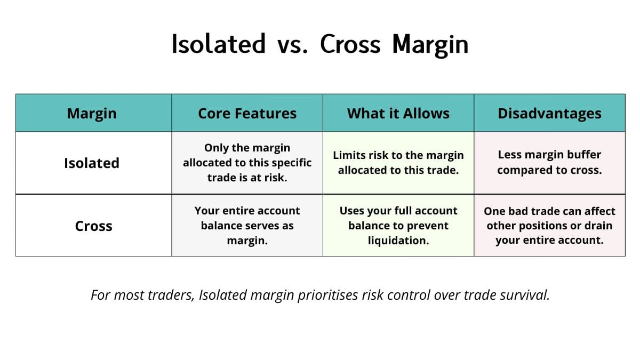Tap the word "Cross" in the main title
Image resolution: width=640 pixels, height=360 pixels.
click(350, 44)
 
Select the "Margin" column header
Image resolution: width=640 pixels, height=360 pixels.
click(92, 113)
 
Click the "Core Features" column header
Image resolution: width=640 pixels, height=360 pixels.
click(247, 113)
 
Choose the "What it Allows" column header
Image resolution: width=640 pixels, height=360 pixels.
click(398, 113)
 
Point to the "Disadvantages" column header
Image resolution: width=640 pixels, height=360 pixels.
click(549, 113)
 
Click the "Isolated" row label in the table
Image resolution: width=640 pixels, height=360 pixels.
click(92, 163)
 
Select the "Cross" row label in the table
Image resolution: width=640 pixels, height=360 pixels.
click(93, 226)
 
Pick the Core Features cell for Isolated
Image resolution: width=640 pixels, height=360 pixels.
click(247, 163)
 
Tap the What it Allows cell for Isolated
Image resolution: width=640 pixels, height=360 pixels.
click(398, 163)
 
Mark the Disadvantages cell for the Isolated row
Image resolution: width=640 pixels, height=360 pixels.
click(549, 163)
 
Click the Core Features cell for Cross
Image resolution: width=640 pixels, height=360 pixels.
click(247, 226)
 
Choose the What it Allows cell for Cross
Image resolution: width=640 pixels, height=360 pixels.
click(398, 226)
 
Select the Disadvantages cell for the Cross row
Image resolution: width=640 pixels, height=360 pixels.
click(549, 226)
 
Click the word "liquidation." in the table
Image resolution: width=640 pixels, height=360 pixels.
click(398, 241)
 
